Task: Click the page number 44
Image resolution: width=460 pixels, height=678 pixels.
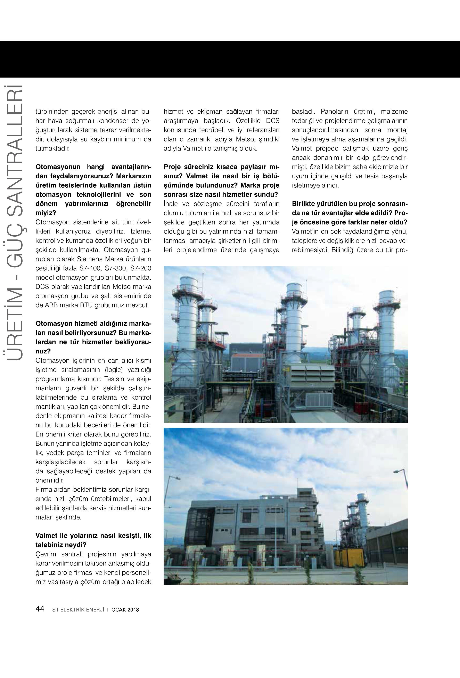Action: click(x=40, y=609)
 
